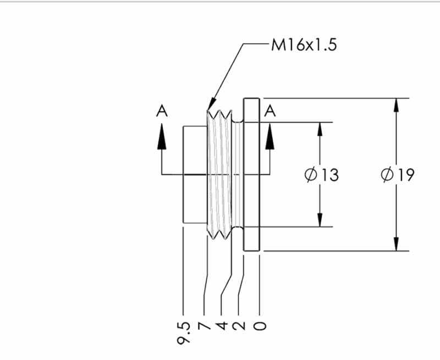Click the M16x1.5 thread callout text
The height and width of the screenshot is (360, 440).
coord(304,45)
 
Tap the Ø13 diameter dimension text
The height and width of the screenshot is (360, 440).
coord(321,175)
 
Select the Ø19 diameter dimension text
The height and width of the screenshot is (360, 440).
coord(398,175)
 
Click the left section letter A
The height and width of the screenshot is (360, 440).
coord(161,111)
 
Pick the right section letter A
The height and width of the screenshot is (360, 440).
coord(270,111)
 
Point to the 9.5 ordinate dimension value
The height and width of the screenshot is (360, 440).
coord(183,333)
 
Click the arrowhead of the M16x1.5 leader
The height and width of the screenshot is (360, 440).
coord(211,106)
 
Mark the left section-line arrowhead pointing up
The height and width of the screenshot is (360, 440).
coord(161,136)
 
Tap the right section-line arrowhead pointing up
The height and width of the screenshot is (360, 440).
coord(270,136)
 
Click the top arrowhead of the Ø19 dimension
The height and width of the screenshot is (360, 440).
coord(395,104)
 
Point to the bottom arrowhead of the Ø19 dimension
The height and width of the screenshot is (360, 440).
coord(395,245)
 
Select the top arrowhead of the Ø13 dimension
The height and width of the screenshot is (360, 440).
coord(320,128)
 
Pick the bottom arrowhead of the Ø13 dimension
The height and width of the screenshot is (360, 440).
coord(320,221)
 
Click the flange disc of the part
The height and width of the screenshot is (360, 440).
coord(251,175)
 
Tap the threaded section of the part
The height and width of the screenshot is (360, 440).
coord(220,175)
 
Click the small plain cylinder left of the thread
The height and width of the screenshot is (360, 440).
coord(195,175)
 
